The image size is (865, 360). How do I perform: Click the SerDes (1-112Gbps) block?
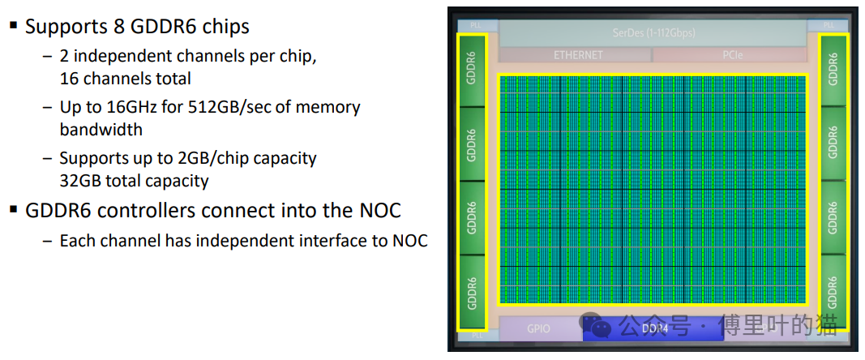[653, 33]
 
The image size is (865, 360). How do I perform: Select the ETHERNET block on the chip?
[578, 55]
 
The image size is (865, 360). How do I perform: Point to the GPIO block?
[538, 328]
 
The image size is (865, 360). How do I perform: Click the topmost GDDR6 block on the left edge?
[472, 70]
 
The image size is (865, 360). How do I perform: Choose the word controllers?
[141, 211]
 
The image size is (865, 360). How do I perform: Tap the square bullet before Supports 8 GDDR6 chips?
[13, 25]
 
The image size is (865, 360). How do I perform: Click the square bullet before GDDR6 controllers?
[13, 209]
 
